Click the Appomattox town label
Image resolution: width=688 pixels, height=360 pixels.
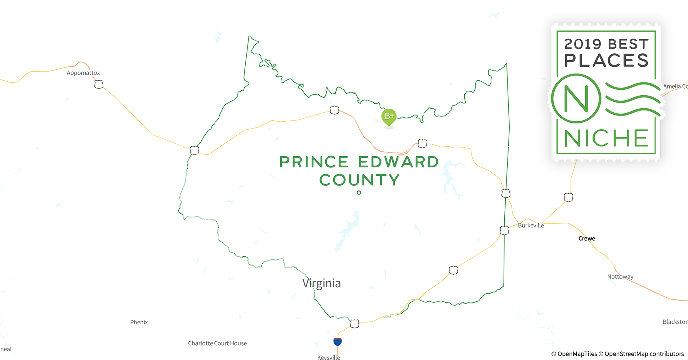[x=83, y=73]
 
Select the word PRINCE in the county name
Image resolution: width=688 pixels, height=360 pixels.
[x=314, y=162]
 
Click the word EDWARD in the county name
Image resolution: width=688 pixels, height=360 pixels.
[x=398, y=162]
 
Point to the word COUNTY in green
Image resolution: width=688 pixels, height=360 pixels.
[x=359, y=180]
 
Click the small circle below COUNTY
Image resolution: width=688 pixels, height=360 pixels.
[x=359, y=193]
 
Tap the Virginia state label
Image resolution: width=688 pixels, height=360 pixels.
[x=321, y=283]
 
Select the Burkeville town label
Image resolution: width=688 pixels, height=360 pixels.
[x=531, y=225]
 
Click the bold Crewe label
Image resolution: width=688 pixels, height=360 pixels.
[x=586, y=238]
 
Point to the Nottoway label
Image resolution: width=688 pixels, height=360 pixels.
[x=620, y=276]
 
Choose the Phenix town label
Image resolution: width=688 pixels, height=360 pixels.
[x=139, y=322]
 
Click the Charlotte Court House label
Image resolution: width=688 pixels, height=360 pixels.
[x=217, y=343]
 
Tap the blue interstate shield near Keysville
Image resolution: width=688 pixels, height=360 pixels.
[x=338, y=341]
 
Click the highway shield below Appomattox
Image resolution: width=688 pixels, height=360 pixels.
[x=99, y=85]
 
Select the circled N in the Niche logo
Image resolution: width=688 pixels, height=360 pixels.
[x=576, y=98]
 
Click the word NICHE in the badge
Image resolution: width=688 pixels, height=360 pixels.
[x=606, y=138]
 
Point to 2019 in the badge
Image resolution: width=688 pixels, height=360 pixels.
[x=582, y=44]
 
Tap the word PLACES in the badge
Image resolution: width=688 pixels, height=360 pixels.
[x=606, y=60]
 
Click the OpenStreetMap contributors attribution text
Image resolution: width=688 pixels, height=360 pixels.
[x=644, y=354]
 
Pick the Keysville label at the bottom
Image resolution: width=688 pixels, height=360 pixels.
[x=329, y=357]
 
